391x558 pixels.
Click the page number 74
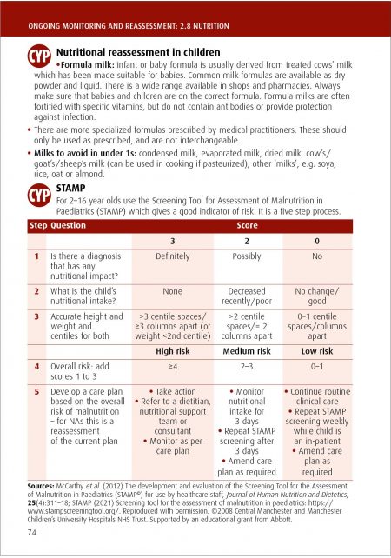pos(32,532)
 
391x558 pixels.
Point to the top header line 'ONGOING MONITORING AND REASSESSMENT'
pos(122,12)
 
